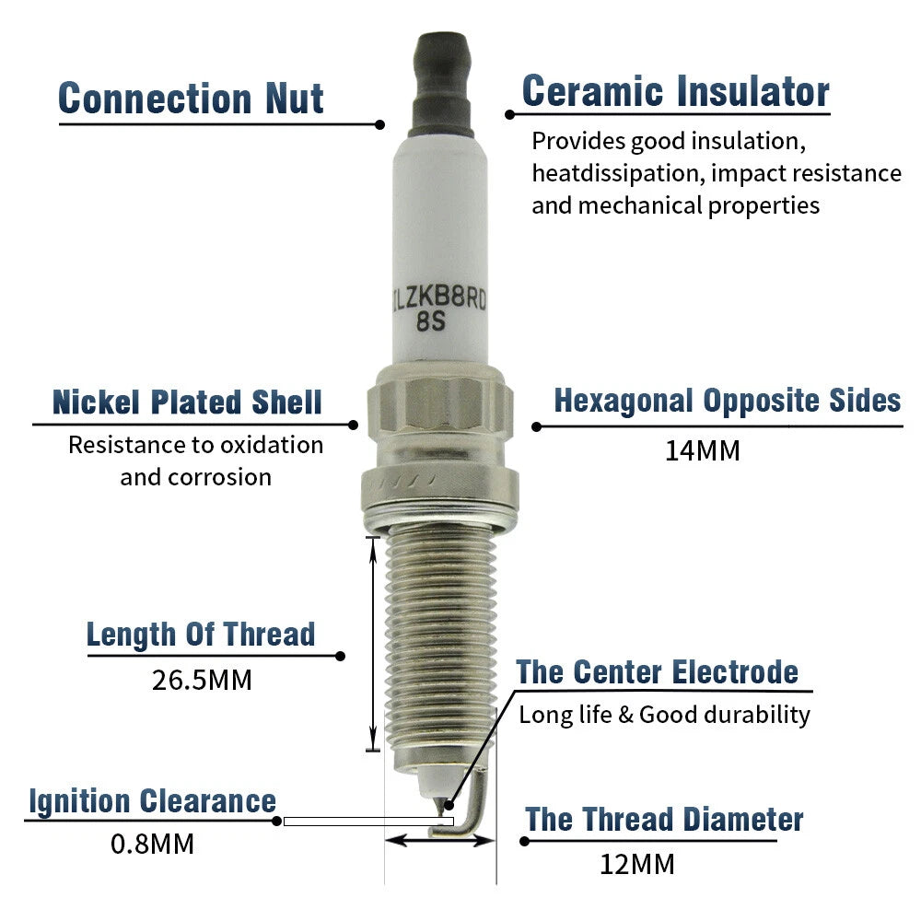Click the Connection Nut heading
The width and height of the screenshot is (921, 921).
[x=191, y=99]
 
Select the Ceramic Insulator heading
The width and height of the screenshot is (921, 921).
[x=675, y=91]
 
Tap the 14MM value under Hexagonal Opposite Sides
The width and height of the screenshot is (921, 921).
[x=703, y=451]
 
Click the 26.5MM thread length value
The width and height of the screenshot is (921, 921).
[x=202, y=681]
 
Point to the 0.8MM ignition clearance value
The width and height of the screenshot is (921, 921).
[x=152, y=844]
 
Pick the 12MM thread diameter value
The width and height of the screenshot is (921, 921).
[x=637, y=865]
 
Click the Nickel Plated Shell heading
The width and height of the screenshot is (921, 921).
[x=187, y=402]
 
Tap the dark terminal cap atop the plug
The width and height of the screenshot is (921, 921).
[x=442, y=85]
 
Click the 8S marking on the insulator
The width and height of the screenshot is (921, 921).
[x=431, y=321]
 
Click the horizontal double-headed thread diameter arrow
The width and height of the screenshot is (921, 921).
[x=440, y=841]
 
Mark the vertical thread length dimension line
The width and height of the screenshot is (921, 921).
[x=373, y=644]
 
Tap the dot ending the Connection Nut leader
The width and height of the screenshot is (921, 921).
[x=380, y=124]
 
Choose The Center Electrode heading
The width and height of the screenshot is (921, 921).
[x=658, y=672]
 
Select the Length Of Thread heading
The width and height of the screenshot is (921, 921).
[x=201, y=635]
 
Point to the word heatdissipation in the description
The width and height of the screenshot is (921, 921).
[x=618, y=173]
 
